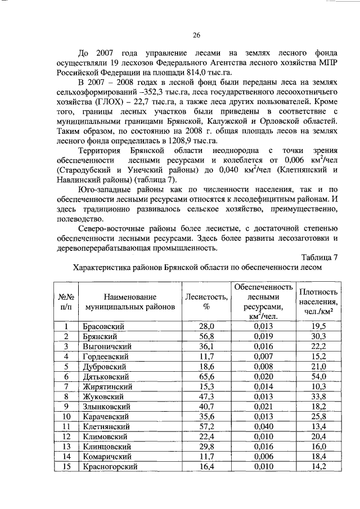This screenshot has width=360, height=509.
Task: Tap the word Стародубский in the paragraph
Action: (x=85, y=169)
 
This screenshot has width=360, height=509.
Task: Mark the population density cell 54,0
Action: (x=319, y=376)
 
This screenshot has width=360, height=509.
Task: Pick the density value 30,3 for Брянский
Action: (x=319, y=336)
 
